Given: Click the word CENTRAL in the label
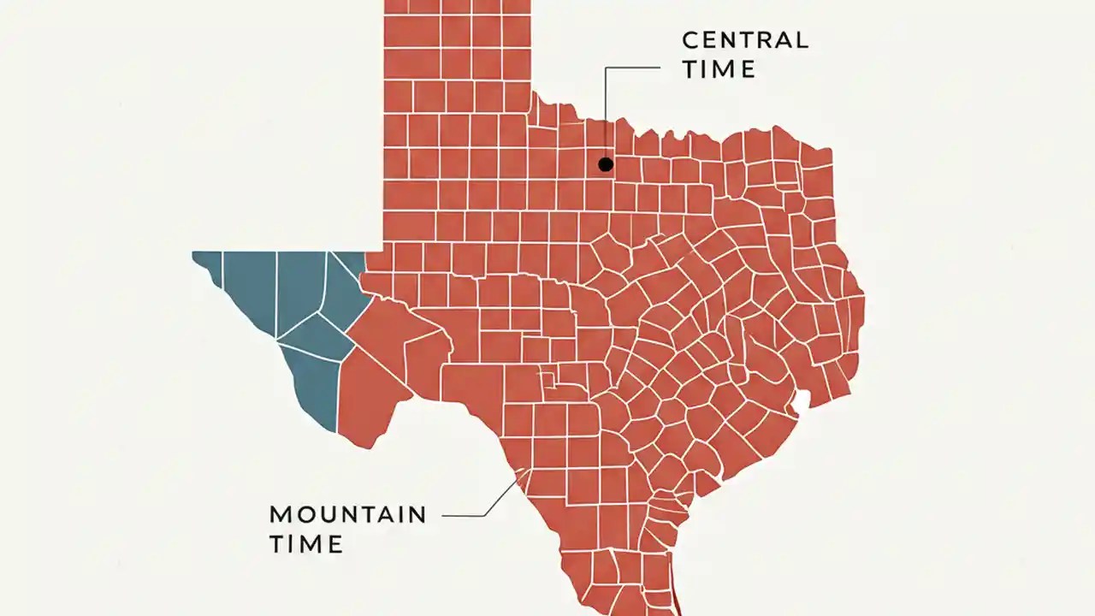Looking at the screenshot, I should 744,40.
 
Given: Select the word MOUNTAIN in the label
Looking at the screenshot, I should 347,514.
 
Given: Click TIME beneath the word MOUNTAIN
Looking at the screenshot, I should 306,544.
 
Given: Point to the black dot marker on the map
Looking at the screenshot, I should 606,164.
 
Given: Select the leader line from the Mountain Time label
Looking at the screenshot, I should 466,515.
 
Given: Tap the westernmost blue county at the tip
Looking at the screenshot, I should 208,264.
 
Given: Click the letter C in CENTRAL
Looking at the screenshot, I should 690,40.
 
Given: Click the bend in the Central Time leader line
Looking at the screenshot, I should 606,67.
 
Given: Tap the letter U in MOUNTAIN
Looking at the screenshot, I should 327,514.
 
